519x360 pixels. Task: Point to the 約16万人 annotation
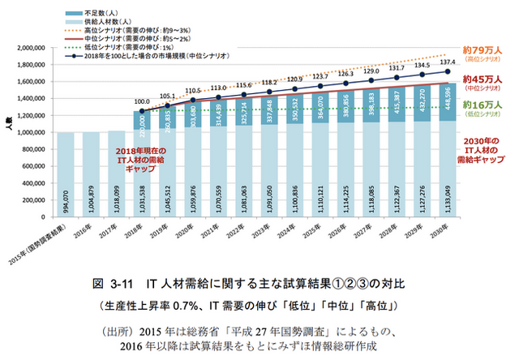point(481,105)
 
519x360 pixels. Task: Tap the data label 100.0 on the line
point(143,102)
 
